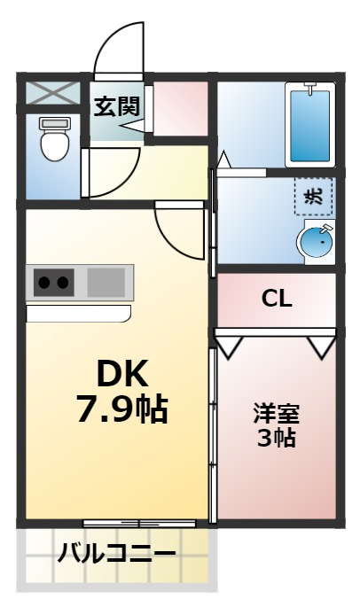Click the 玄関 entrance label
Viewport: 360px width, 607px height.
pos(117,106)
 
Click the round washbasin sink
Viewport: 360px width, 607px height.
pos(315,240)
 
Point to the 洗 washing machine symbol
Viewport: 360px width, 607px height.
pos(315,198)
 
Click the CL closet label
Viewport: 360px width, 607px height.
pos(277,299)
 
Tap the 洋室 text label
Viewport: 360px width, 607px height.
pos(277,413)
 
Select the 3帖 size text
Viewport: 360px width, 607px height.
pos(277,438)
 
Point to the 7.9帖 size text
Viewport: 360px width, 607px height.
pos(121,409)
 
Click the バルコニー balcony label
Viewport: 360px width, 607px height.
pos(116,556)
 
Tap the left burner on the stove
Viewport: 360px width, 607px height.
pos(44,284)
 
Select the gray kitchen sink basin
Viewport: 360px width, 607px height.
pos(106,283)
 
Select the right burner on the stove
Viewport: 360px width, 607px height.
pos(63,284)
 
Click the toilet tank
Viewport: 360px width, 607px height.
pos(55,121)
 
